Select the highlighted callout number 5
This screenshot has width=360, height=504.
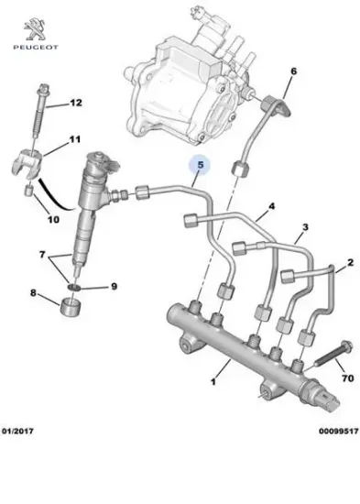coord(198,166)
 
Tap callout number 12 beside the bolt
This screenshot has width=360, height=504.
coord(75,103)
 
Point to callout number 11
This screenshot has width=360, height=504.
coord(75,140)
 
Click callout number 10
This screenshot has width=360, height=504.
coord(53,219)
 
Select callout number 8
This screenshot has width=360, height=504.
coord(35,293)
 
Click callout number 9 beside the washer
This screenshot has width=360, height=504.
coord(114,287)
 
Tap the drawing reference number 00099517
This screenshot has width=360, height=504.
coord(336,479)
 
